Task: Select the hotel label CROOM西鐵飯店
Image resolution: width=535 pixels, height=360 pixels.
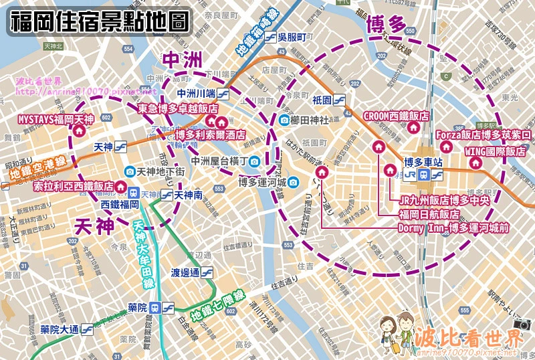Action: point(395,116)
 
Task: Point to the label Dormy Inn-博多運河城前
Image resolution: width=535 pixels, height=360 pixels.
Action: point(453,228)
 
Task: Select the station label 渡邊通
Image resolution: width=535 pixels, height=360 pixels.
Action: point(185,272)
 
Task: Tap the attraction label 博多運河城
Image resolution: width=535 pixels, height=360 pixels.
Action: point(263,182)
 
